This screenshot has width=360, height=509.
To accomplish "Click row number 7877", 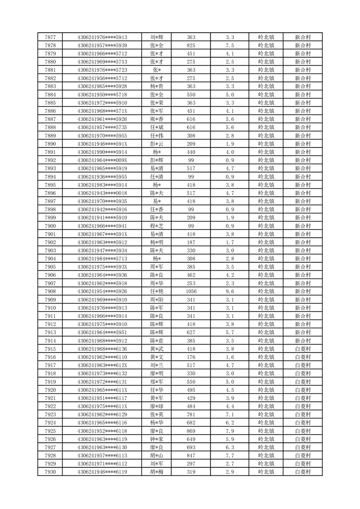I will tap(51, 37).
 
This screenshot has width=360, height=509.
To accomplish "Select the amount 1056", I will tap(191, 291).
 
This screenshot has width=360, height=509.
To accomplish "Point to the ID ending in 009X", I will tap(102, 160).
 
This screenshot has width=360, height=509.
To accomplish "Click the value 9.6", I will tap(229, 291).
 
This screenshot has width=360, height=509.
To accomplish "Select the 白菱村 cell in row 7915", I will tap(302, 349).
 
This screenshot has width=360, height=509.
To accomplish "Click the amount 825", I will tap(191, 45).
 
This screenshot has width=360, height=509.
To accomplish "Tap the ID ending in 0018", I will tap(102, 193).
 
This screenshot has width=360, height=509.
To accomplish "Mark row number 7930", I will tap(51, 472).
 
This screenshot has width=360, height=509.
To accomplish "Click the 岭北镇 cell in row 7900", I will tap(266, 226).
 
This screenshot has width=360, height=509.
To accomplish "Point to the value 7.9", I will tap(229, 431).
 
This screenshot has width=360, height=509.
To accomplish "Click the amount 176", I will tap(191, 357).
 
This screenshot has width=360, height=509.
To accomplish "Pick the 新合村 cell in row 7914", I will tap(302, 341).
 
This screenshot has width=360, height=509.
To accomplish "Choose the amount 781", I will tap(191, 415).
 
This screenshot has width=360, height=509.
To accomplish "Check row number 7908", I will tap(51, 291).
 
